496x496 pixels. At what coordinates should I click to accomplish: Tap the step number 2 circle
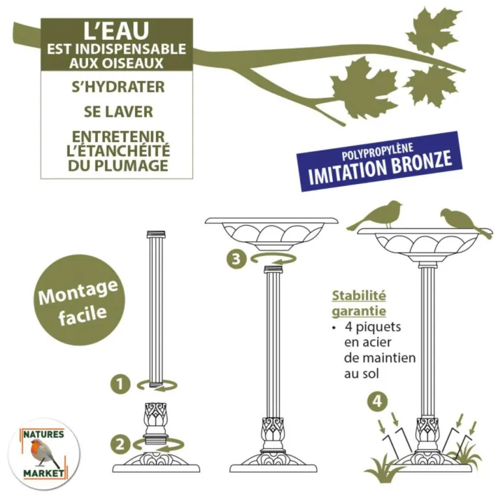pyautogui.click(x=119, y=444)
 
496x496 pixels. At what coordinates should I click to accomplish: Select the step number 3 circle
pyautogui.click(x=237, y=259)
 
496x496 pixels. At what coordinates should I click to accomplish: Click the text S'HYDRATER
pyautogui.click(x=118, y=87)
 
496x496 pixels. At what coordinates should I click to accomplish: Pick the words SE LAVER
pyautogui.click(x=118, y=112)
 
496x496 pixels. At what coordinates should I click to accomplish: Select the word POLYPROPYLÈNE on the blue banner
pyautogui.click(x=378, y=147)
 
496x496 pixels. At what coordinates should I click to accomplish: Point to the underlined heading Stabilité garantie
pyautogui.click(x=359, y=303)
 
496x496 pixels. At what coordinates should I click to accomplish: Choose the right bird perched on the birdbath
pyautogui.click(x=461, y=221)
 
